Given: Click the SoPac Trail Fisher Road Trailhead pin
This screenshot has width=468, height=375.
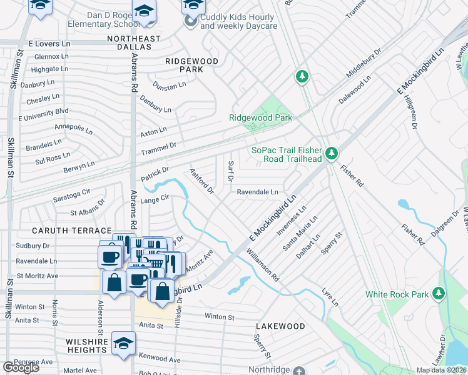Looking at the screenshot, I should click(332, 152).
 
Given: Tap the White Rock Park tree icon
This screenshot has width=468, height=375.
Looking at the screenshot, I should click(439, 293).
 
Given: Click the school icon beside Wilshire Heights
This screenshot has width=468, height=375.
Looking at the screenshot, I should click(123, 343).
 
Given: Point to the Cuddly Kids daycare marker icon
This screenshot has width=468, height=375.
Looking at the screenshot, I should click(190, 22).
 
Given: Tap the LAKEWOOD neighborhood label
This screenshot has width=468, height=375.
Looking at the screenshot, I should click(280, 326).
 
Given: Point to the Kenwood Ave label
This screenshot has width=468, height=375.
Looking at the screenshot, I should click(160, 360).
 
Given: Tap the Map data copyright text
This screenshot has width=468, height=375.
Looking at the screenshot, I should click(441, 370).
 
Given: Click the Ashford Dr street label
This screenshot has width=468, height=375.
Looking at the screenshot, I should click(202, 180).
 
